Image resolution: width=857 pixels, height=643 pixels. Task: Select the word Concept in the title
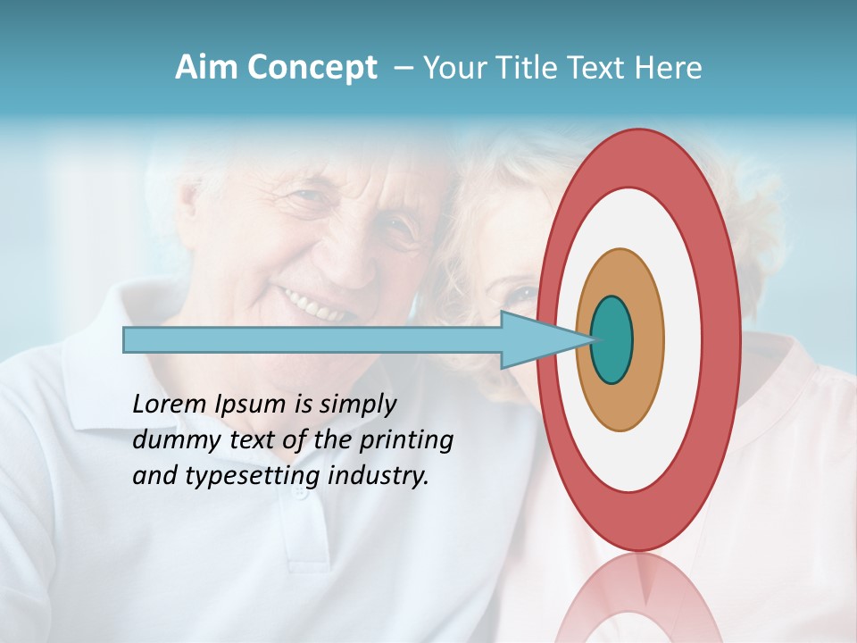pos(312,69)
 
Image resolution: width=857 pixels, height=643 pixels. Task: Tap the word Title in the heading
pos(532,68)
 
